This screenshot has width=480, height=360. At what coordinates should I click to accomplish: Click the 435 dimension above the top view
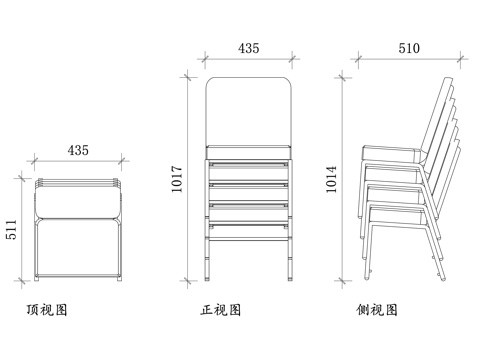(78, 150)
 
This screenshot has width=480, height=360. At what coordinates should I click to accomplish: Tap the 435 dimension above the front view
(249, 47)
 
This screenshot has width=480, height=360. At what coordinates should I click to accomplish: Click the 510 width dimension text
(409, 47)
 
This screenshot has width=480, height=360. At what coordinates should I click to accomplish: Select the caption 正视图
(221, 310)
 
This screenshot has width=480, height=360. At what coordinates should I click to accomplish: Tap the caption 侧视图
(377, 310)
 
